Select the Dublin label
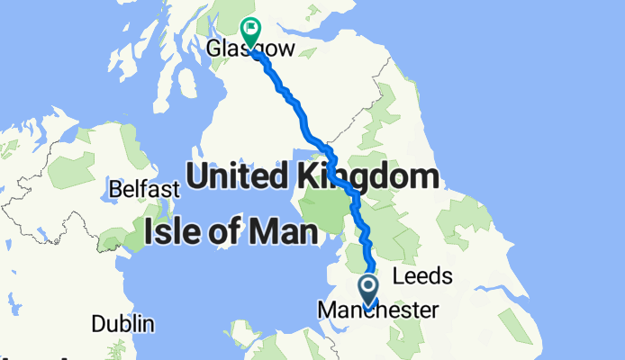tap(122, 324)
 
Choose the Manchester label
tap(379, 310)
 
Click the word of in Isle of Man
tap(226, 234)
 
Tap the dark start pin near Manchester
tap(369, 290)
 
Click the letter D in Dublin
tap(96, 324)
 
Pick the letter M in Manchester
tap(326, 310)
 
